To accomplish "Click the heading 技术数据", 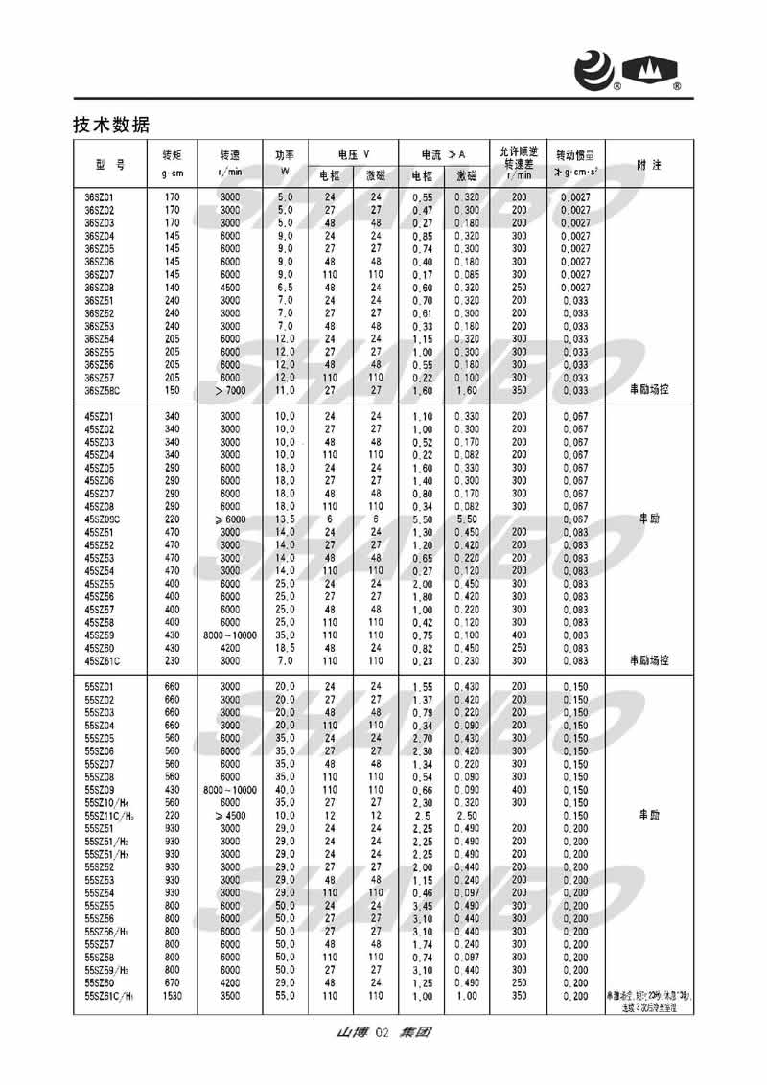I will coord(110,125).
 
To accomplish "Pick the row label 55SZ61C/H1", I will coord(107,997).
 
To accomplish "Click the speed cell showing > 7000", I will coord(229,391).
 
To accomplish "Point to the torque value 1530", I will coord(173,997).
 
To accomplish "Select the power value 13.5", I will coord(286,519).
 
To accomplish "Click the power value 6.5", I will coord(286,287).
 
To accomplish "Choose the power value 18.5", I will coord(286,648).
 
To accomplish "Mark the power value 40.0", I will coord(286,790).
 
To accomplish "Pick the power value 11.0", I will coord(286,391).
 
